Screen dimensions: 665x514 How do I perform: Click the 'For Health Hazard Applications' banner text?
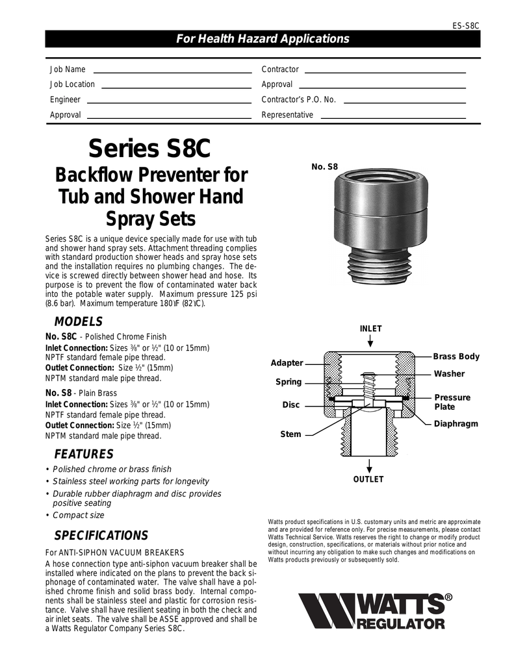[x=263, y=39]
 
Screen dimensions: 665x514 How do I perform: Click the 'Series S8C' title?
[x=149, y=148]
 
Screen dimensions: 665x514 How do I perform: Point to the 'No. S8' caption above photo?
[x=325, y=167]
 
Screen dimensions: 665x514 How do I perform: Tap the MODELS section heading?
[x=78, y=321]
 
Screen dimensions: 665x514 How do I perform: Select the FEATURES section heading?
[x=83, y=454]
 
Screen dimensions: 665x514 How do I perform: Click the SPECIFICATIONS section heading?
[x=101, y=536]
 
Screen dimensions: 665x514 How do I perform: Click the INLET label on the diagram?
[x=370, y=329]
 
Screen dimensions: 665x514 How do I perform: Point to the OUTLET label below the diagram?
[x=368, y=479]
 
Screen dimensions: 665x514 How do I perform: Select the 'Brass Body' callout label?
[x=456, y=357]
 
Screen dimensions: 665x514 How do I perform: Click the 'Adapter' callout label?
[x=287, y=363]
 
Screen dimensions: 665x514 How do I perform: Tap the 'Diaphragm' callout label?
[x=456, y=423]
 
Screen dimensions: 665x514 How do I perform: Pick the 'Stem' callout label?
[x=290, y=434]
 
